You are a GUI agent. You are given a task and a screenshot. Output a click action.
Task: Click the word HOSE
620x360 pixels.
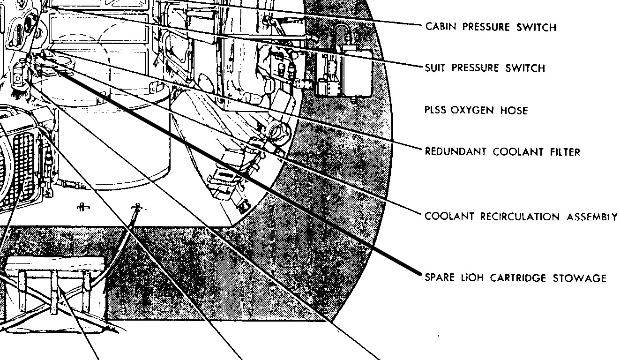coord(514,110)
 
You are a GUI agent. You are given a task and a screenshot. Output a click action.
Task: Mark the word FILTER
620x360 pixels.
coord(564,152)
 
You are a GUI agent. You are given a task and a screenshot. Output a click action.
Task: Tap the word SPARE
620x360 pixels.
coord(439,277)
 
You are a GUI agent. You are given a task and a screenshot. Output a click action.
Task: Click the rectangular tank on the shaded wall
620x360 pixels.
coord(356,70)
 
